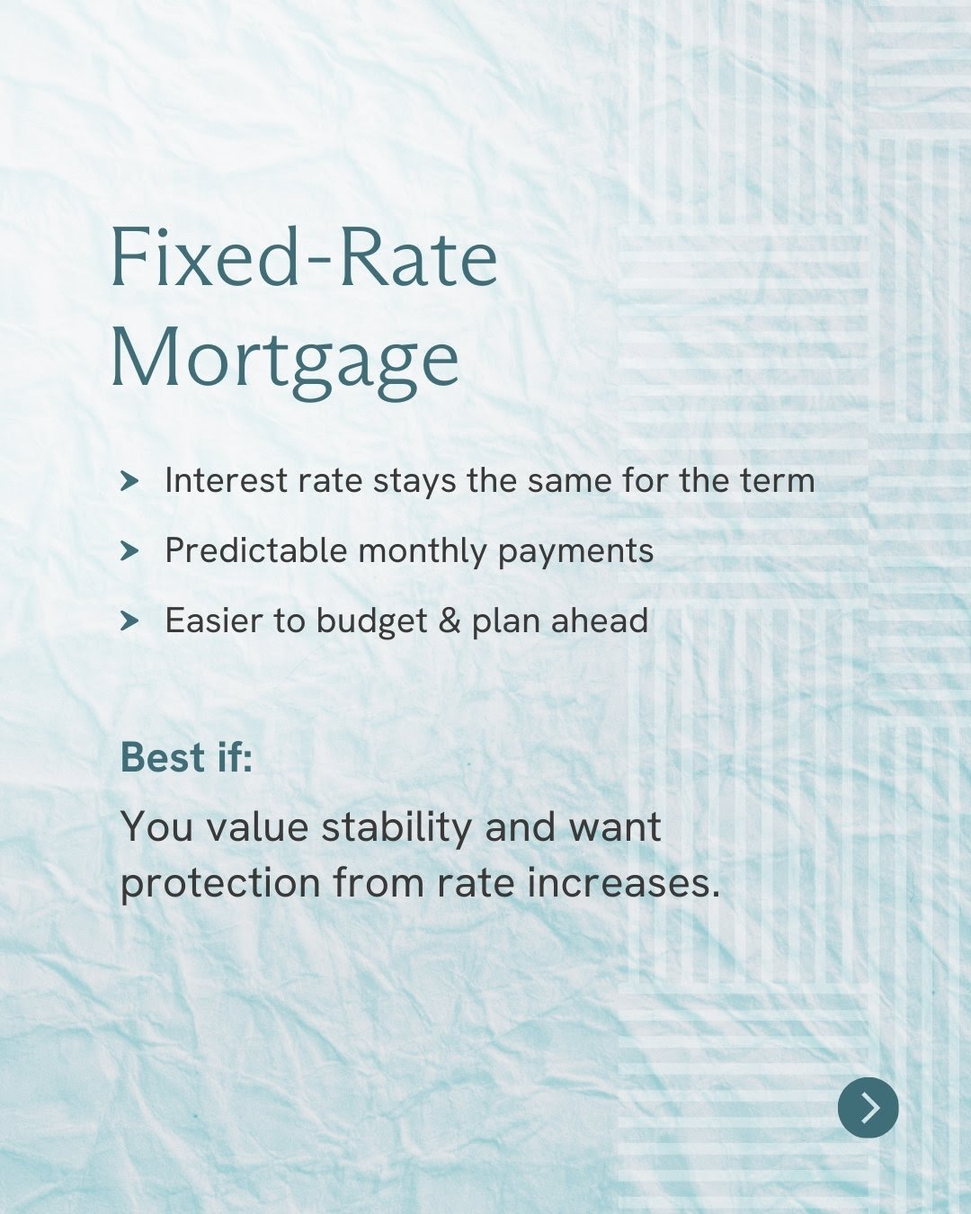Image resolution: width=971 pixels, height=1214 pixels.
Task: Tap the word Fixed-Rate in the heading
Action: pos(305,256)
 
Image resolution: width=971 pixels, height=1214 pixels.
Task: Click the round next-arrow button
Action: pos(868,1107)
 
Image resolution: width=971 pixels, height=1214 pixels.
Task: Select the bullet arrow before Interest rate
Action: pos(129,481)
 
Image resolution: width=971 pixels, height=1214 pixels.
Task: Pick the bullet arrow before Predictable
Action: pos(129,551)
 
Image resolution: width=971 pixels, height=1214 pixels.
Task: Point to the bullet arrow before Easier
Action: pos(129,621)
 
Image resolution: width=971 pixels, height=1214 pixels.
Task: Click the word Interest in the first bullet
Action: pos(227,480)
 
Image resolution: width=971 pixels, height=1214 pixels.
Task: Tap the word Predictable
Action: pos(255,550)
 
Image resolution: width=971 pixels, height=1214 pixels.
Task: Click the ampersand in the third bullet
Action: pos(450,620)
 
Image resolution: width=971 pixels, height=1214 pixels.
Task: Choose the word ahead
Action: pos(599,620)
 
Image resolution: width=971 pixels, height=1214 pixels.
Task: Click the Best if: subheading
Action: pos(186,756)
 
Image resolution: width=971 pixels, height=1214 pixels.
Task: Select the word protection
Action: pos(220,884)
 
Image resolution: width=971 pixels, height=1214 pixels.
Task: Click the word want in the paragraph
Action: pos(615,827)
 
